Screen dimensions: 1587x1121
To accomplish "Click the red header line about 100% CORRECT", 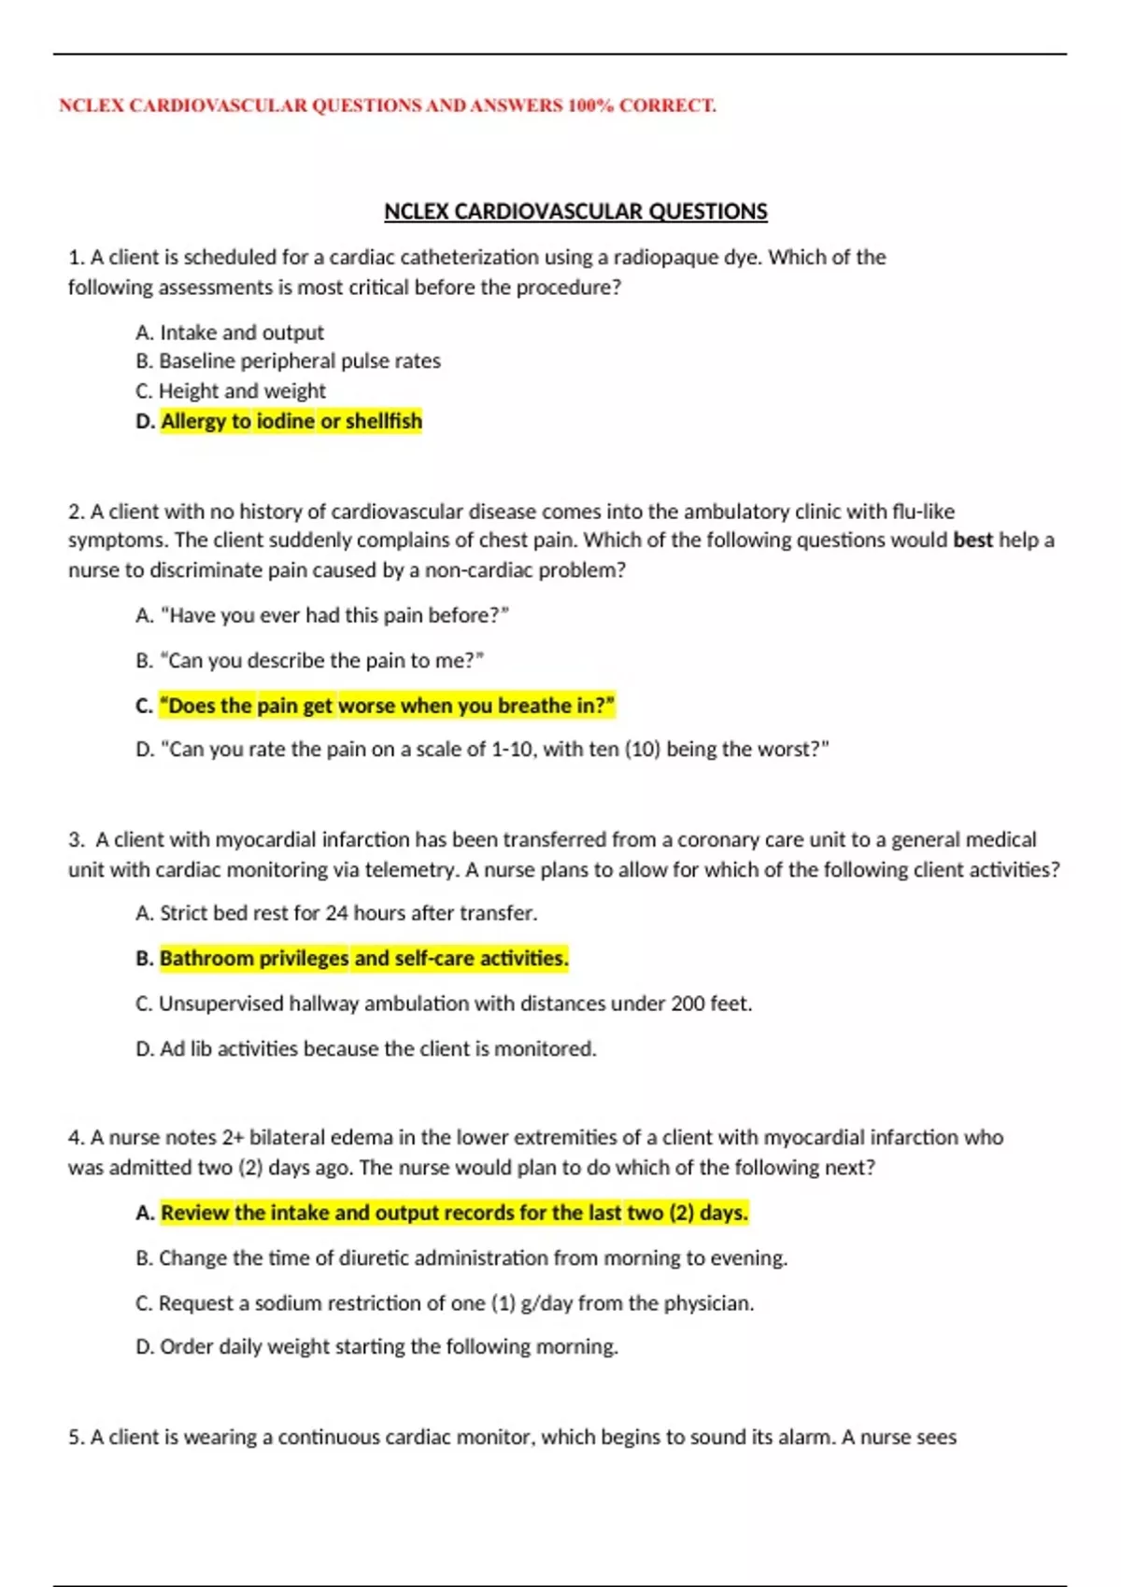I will (x=387, y=105).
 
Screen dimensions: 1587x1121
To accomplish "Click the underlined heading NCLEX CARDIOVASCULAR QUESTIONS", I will (x=575, y=212).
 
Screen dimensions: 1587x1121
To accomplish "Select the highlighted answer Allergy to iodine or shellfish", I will (x=291, y=421).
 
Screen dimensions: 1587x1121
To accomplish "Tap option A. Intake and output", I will (x=230, y=332).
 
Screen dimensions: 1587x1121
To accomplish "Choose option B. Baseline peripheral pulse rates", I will (x=288, y=361).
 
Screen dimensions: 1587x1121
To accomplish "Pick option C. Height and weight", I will (x=231, y=391).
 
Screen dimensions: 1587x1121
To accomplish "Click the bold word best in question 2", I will (x=972, y=541).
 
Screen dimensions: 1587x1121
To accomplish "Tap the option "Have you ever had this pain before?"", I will (x=322, y=615).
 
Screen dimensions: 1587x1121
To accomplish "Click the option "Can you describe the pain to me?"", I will (x=310, y=661).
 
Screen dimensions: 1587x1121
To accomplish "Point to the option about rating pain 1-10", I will (x=482, y=750).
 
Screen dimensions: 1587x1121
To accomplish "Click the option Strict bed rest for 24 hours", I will (x=336, y=913).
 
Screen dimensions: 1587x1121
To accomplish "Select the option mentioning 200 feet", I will (x=444, y=1004).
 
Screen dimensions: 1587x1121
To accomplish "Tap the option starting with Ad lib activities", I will (x=365, y=1049).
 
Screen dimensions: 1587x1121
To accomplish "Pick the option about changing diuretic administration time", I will (x=461, y=1258).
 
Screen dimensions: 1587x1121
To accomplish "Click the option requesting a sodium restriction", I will (x=445, y=1303).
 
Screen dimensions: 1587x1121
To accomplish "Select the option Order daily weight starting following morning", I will (x=376, y=1347).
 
